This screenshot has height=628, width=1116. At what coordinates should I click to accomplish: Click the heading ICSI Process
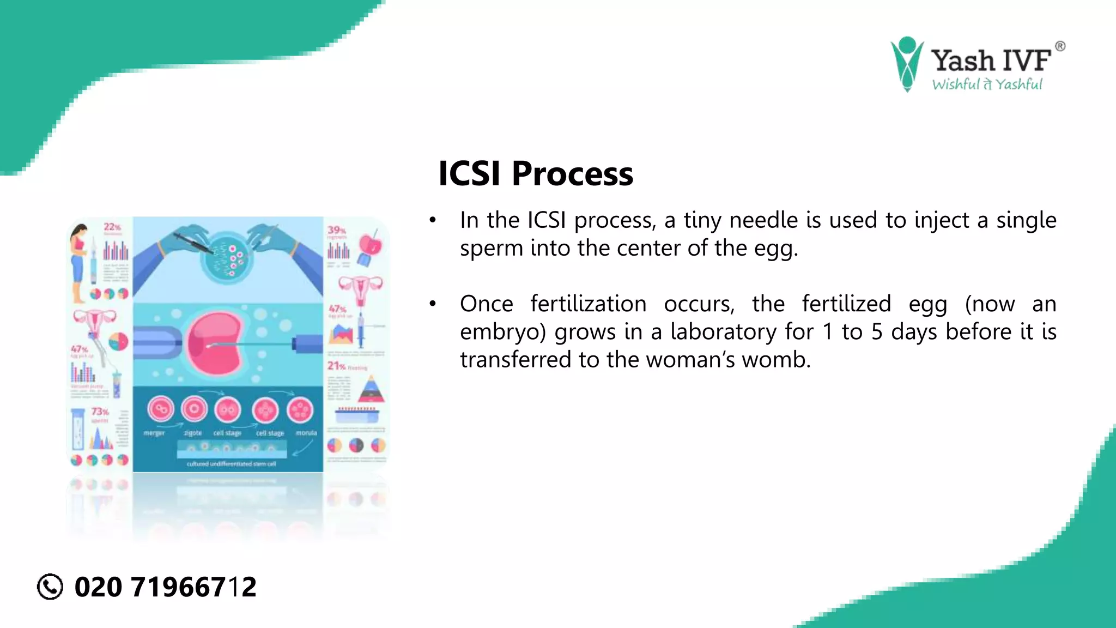click(535, 173)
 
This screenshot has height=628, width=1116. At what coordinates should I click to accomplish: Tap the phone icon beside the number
click(50, 587)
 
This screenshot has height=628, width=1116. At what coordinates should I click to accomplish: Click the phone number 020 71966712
click(165, 587)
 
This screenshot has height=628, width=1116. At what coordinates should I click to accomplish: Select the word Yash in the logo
click(963, 61)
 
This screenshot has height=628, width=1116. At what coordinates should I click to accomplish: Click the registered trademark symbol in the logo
click(1060, 46)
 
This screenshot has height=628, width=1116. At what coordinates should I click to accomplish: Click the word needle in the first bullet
click(765, 220)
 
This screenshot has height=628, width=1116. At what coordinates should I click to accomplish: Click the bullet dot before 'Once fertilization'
click(433, 304)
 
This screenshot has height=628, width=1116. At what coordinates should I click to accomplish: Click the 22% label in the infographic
click(112, 227)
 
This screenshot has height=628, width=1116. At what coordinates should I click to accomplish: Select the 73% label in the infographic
click(100, 412)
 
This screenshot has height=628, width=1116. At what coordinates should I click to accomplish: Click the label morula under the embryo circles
click(306, 433)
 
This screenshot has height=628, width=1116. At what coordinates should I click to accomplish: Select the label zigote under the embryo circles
click(193, 433)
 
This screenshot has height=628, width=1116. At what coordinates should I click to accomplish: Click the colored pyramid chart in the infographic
click(371, 390)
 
